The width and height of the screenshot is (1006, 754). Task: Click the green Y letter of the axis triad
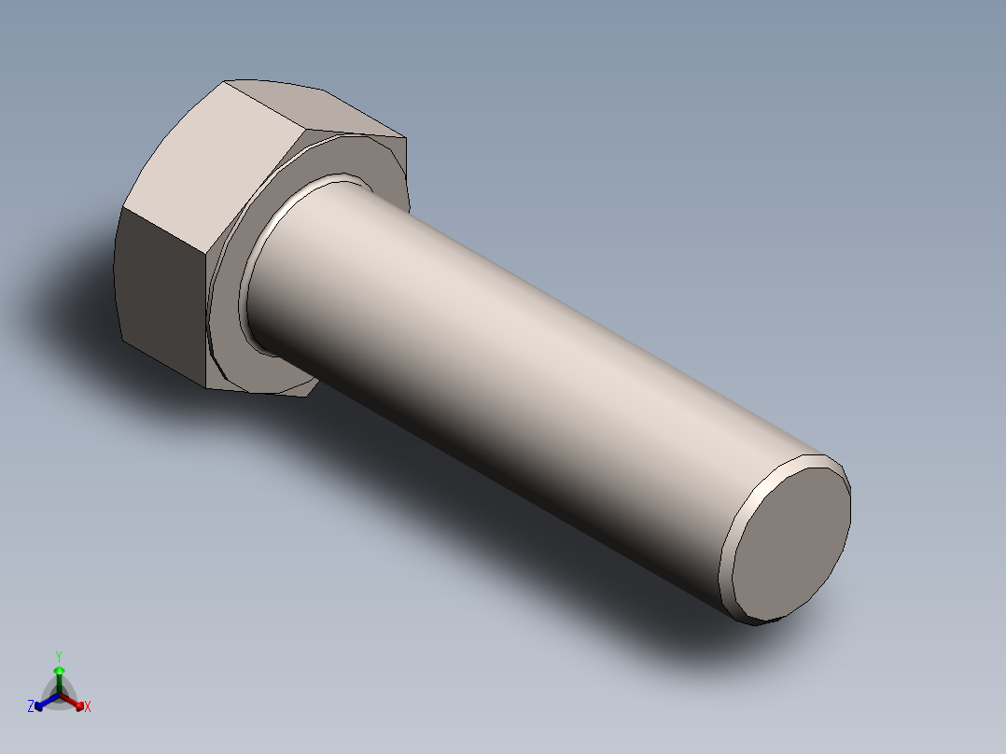[x=59, y=656]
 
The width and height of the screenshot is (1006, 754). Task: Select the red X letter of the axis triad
[x=88, y=707]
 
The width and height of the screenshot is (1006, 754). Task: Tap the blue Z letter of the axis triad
[x=31, y=707]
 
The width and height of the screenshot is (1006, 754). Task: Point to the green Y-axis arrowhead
[x=59, y=671]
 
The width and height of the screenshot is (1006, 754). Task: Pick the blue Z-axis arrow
[x=42, y=703]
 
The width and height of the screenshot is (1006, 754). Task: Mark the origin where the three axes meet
[x=59, y=694]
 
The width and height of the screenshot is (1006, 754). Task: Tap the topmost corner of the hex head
[x=226, y=81]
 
